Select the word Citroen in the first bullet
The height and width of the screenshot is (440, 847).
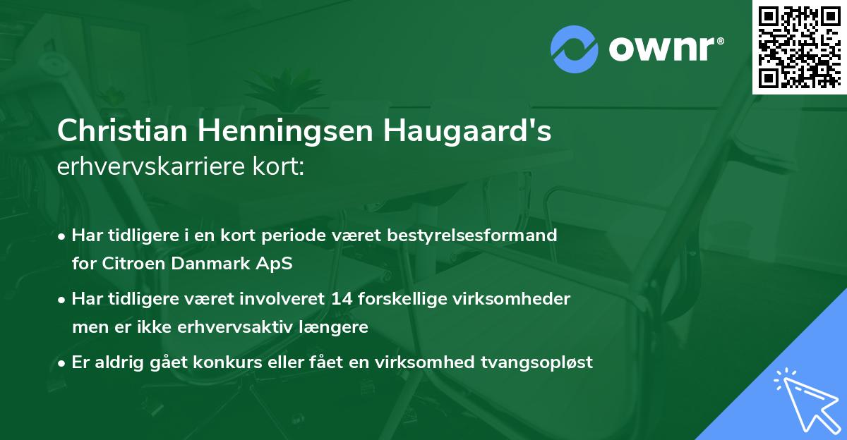(x=128, y=264)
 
